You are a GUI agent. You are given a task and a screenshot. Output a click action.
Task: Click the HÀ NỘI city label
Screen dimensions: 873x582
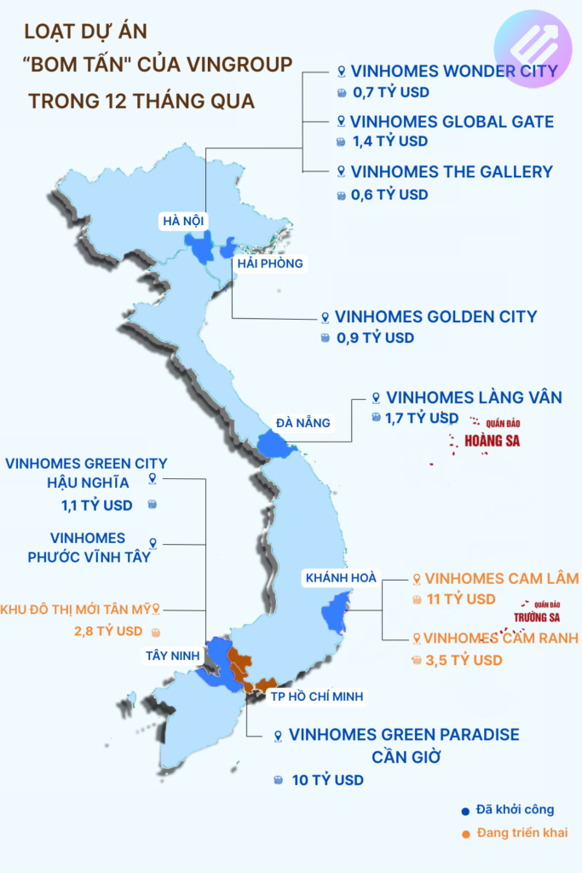(183, 222)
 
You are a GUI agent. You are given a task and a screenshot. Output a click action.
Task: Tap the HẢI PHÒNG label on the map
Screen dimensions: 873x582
(270, 263)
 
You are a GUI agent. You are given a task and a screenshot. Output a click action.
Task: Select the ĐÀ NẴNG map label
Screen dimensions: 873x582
(303, 422)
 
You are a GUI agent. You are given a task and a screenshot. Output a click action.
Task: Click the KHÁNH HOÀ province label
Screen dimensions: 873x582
(340, 578)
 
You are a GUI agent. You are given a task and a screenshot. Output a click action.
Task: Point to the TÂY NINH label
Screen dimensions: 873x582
(171, 655)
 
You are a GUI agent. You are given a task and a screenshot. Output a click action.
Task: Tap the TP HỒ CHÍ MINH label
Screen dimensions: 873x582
(317, 697)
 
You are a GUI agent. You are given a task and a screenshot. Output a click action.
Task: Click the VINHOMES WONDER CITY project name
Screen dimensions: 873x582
(453, 71)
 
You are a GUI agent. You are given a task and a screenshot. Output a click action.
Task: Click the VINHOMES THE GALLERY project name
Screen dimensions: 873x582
(452, 171)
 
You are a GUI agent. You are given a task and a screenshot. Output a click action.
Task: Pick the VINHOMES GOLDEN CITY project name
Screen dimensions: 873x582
(435, 316)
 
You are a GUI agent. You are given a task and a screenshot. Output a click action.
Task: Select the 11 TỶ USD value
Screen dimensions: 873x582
(461, 599)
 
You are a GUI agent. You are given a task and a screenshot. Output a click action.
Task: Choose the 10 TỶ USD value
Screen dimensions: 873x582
(327, 780)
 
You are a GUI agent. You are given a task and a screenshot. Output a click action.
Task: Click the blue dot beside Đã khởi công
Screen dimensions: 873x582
(465, 811)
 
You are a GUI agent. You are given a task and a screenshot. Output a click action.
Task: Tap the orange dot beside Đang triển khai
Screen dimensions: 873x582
(465, 833)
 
